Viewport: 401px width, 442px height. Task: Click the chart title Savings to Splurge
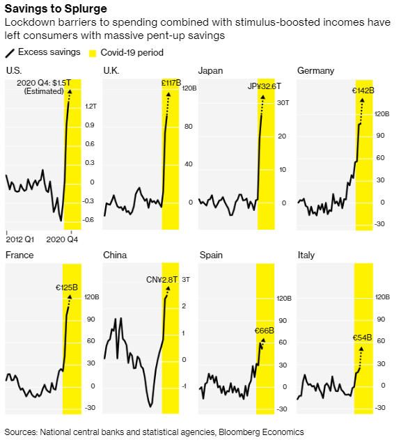coord(56,8)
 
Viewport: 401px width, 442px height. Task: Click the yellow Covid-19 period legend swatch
coord(93,54)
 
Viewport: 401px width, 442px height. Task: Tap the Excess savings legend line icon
coord(10,54)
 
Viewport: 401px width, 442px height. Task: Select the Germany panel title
coord(315,71)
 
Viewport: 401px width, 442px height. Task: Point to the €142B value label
coord(363,90)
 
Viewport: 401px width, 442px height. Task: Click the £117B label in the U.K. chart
coord(171,83)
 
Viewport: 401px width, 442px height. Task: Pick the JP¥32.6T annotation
coord(265,86)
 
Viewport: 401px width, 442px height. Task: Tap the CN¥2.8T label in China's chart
coord(162,280)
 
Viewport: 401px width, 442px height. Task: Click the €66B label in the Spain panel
coord(265,331)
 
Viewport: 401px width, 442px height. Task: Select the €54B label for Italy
coord(363,338)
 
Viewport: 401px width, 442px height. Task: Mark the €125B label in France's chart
coord(67,287)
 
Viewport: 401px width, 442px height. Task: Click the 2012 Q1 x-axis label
coord(20,239)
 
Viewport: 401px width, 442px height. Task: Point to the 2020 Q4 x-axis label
coord(62,239)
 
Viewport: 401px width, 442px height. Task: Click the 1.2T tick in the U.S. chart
coord(91,106)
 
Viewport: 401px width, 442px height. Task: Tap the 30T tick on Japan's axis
coord(283,103)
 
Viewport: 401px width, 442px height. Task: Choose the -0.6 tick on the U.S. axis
coord(88,220)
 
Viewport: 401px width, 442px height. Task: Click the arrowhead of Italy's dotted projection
coord(361,349)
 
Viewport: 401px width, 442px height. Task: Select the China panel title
coord(115,255)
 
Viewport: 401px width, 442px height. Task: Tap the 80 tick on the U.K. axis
coord(189,127)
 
